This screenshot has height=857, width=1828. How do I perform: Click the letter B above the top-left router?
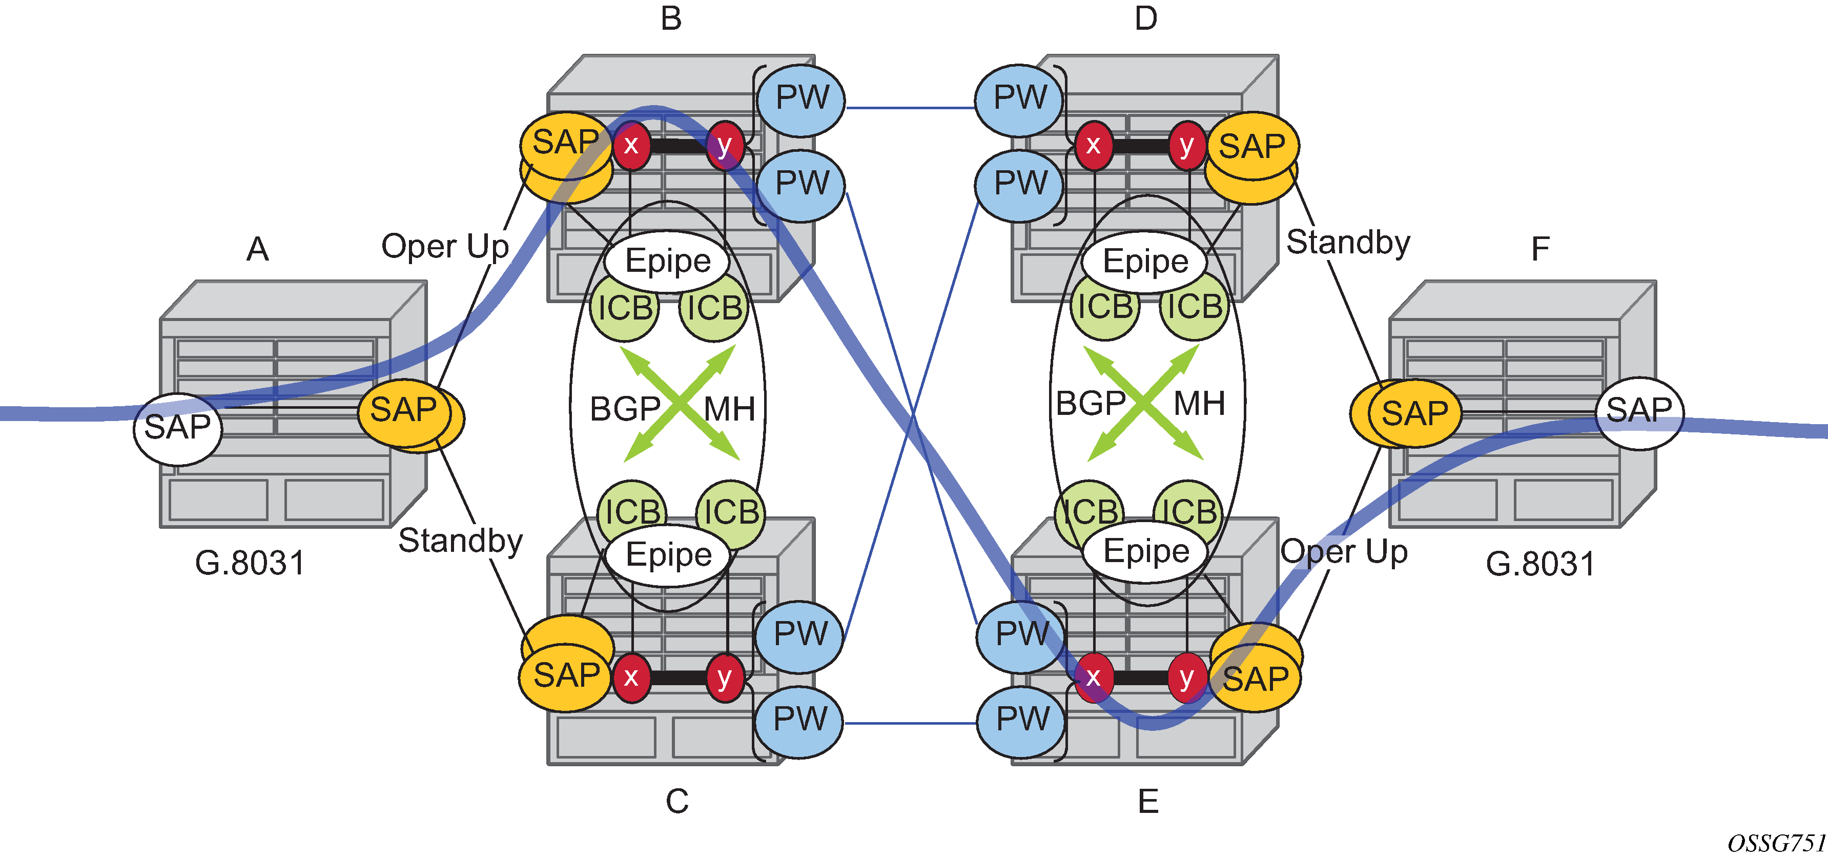pos(671,18)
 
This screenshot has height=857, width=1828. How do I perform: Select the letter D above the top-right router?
pos(1145,18)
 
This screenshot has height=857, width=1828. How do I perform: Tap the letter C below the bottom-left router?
pos(676,801)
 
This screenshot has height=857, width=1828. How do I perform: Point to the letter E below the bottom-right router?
pos(1148,802)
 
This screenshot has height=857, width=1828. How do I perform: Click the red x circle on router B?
pos(631,146)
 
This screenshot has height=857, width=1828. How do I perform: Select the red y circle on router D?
pos(1186,146)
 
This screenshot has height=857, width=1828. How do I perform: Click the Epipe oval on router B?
pos(667,261)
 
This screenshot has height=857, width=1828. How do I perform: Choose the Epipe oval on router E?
pos(1146,552)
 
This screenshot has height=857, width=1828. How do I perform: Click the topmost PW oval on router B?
pos(801,98)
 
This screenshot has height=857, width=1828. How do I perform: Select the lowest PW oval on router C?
pos(799,720)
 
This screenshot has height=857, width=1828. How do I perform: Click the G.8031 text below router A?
pos(250,563)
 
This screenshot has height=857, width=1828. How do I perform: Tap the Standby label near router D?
pos(1348,243)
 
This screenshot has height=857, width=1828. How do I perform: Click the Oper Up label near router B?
pos(445,246)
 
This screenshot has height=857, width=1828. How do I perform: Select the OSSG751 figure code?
pos(1776,843)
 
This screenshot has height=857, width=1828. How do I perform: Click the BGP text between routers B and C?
pos(625,409)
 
